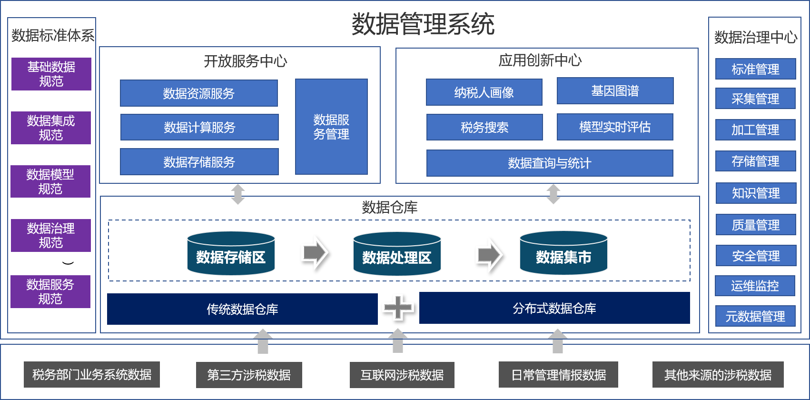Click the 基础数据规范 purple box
click(51, 74)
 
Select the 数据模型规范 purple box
click(50, 181)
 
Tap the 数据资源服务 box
click(199, 93)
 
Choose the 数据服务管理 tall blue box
click(331, 127)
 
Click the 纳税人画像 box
click(484, 92)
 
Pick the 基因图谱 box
click(615, 91)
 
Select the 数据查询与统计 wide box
click(550, 163)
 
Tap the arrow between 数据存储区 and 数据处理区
click(314, 252)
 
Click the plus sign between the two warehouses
click(398, 307)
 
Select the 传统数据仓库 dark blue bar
click(242, 309)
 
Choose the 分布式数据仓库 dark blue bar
click(554, 308)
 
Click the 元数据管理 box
click(755, 316)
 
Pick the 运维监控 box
click(755, 286)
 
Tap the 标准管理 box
click(755, 69)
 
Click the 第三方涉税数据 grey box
click(249, 375)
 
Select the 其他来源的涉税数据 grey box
click(718, 375)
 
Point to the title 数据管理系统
click(423, 24)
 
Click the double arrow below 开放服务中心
click(238, 194)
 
